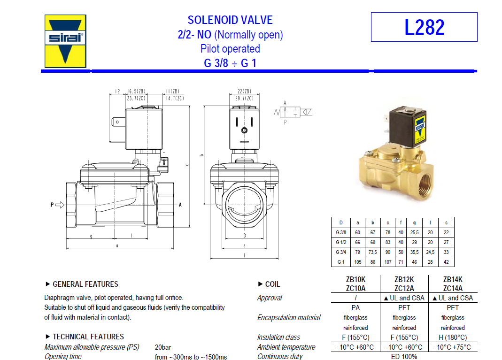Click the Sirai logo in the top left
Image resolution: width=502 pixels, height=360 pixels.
pos(65,41)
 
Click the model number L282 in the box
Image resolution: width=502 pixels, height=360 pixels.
pos(424,27)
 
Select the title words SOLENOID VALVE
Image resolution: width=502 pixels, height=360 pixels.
pos(230,20)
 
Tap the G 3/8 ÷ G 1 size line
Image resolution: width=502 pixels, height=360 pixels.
pos(230,63)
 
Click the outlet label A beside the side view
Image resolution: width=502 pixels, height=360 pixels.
pos(180,205)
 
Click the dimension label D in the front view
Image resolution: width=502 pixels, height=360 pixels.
pos(245,235)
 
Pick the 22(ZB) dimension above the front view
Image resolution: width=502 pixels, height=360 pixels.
pos(244,92)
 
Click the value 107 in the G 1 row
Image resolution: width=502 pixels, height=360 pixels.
pos(387,262)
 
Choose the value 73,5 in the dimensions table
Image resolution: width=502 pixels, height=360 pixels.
pos(372,252)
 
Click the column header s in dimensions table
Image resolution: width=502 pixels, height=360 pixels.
pos(446,222)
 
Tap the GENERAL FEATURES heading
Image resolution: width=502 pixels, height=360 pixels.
pos(85,284)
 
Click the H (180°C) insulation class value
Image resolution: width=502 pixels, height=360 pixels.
pos(453,337)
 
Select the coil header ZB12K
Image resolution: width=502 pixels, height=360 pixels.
pos(404,279)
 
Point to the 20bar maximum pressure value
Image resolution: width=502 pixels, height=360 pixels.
pos(162,347)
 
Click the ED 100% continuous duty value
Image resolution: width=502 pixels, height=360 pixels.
pos(404,357)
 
